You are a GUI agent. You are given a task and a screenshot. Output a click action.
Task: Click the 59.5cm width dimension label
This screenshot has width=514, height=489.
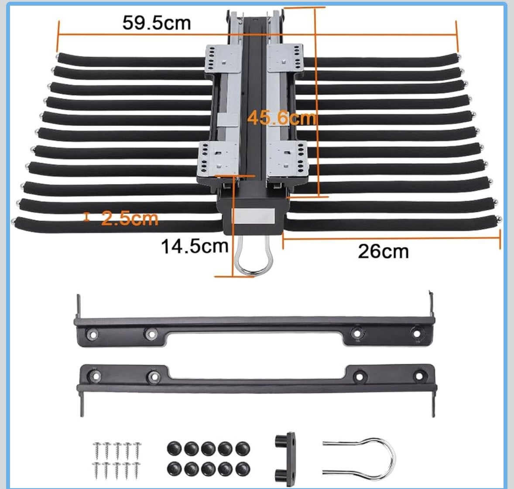156,23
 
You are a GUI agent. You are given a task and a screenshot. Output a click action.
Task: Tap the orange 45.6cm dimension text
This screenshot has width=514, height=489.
282,118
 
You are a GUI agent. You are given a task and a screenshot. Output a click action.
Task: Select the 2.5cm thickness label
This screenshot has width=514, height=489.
130,218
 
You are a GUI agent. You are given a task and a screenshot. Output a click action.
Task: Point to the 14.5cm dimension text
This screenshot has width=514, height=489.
195,246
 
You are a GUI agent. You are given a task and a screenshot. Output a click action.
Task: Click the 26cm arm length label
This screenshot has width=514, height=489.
383,251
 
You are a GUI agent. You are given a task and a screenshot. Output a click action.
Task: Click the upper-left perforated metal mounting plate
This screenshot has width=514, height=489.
223,59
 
